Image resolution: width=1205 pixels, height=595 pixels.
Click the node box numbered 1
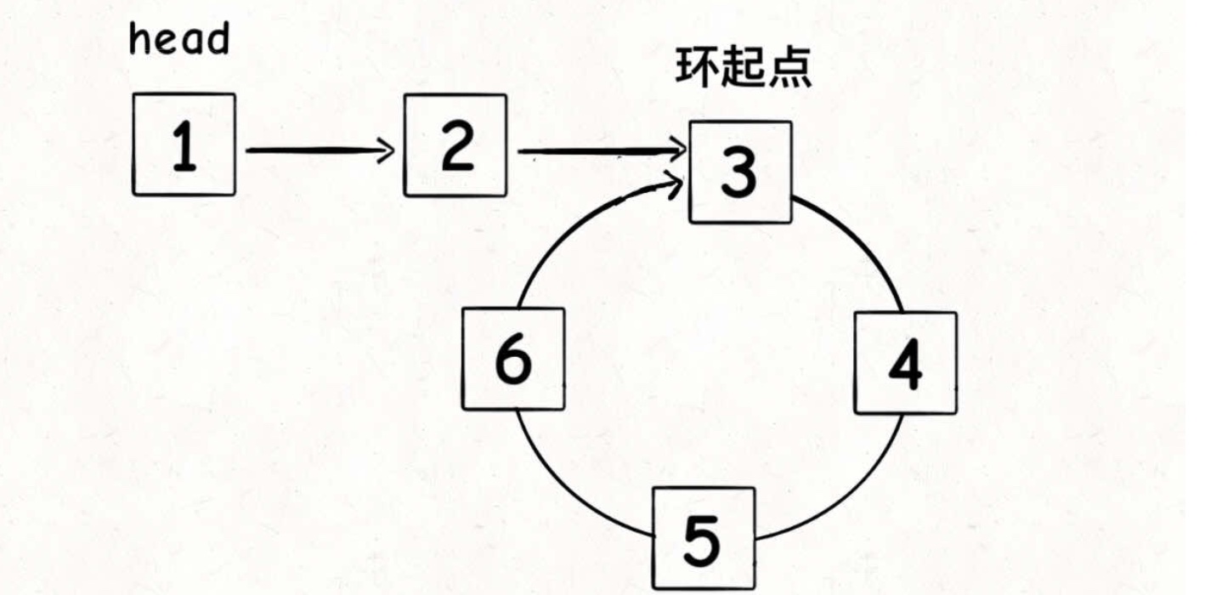(184, 144)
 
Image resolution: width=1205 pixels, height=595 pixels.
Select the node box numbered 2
(455, 144)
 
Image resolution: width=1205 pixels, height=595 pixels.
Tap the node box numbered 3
(740, 172)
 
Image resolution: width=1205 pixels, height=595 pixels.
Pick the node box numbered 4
(905, 363)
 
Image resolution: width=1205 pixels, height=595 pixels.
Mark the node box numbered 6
(513, 358)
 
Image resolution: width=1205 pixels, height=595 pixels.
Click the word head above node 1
(178, 39)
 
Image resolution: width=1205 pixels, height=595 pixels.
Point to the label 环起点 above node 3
(744, 67)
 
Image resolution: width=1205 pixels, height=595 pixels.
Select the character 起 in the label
(744, 67)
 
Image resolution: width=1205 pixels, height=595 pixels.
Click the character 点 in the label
(789, 67)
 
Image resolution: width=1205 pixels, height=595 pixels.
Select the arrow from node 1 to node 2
(319, 151)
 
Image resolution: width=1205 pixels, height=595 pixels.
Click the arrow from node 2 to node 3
(599, 153)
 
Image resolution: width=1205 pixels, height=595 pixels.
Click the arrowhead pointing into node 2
(388, 151)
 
